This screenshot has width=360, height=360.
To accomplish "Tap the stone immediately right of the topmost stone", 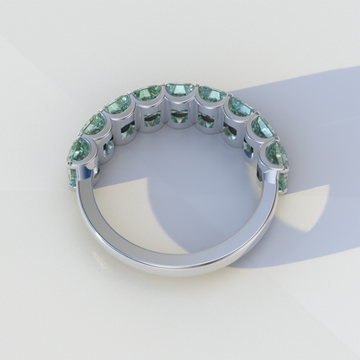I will [210, 93].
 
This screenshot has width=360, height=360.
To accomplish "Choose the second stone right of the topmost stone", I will [240, 107].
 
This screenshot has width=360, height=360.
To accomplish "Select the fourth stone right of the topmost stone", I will [279, 152].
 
